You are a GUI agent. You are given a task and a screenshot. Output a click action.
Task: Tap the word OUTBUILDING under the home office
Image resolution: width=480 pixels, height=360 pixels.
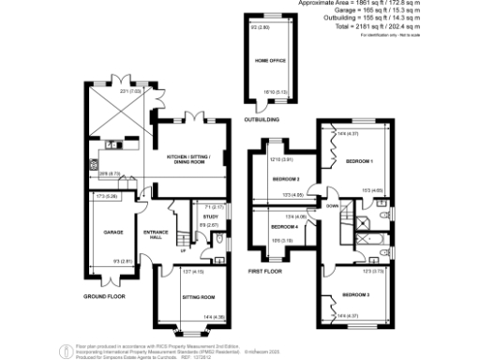coord(262,119)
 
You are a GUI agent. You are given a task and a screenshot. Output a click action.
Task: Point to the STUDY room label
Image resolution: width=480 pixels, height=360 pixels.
coord(211,216)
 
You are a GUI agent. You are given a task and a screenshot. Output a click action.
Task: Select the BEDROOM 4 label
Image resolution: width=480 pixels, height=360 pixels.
coord(284,228)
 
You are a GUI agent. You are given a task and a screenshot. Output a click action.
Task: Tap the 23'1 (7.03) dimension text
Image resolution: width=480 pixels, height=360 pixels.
coord(129,91)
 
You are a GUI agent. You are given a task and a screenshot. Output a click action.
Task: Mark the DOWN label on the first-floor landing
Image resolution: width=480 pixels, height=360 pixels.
coord(331,203)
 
